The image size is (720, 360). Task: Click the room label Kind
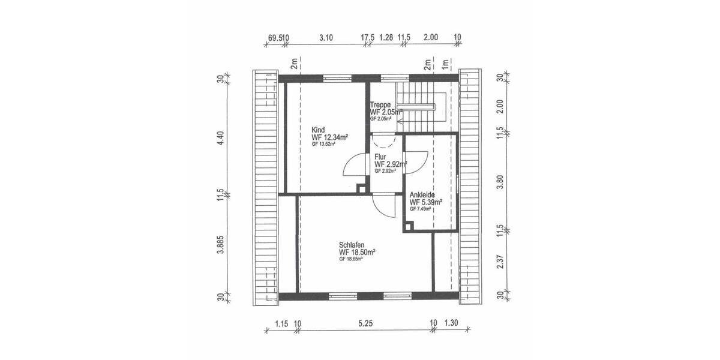318,130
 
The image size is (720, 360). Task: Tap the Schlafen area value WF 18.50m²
357,252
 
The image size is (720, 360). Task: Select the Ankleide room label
422,195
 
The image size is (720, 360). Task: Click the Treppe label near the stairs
380,104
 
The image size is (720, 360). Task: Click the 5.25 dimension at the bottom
365,323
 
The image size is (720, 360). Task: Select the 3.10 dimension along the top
326,37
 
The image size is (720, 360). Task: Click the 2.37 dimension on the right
501,262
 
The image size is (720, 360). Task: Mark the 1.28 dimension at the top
386,37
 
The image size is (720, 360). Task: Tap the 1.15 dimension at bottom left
281,323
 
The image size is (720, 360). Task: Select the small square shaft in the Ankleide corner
408,226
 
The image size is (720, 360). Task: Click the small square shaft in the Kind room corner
361,188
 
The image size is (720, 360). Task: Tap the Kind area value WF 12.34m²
329,137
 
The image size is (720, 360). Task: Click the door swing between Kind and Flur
354,166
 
